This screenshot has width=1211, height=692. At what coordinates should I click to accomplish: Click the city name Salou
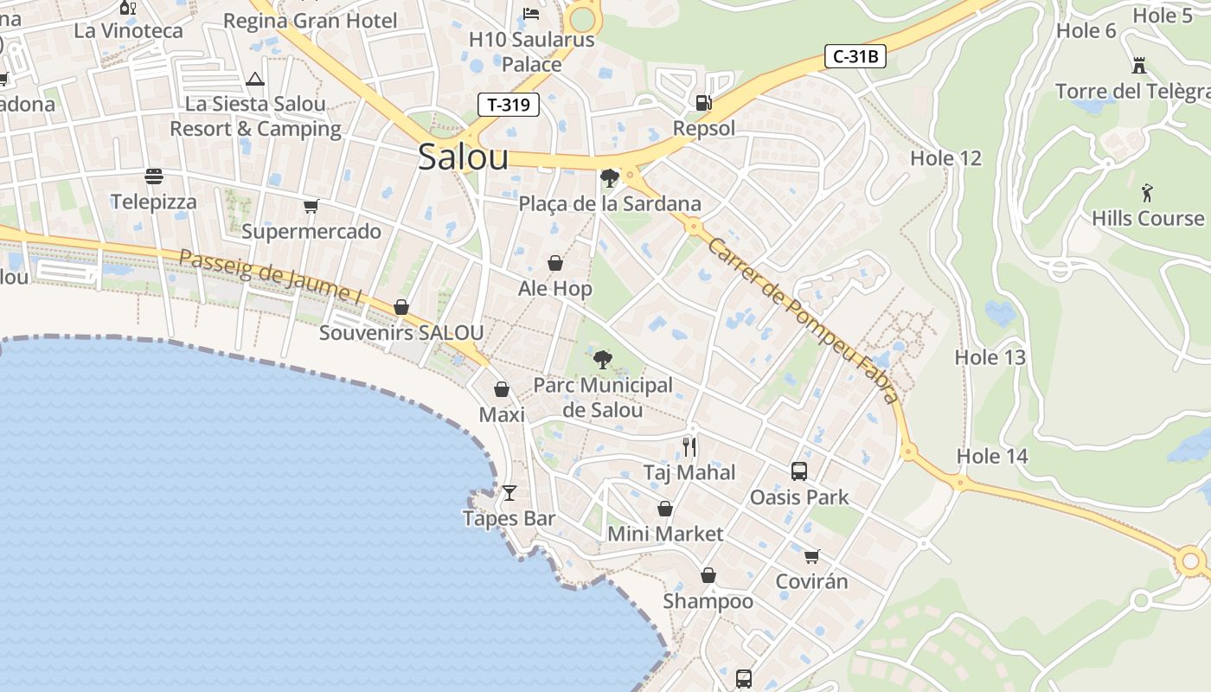463,157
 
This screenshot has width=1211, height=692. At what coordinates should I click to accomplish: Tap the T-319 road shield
509,106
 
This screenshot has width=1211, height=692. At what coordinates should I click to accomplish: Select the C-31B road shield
855,57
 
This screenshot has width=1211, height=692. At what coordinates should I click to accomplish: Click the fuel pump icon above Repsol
703,103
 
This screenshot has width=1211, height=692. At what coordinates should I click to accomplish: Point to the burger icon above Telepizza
154,176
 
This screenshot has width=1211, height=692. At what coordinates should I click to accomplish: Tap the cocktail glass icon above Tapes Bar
509,493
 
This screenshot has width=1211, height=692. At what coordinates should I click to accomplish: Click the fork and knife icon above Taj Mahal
689,446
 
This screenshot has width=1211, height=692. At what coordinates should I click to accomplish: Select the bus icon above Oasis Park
799,471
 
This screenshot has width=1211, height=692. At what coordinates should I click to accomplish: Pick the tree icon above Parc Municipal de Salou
602,359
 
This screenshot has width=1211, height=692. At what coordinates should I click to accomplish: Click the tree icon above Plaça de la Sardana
609,178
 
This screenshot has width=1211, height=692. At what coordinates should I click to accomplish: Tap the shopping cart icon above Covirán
811,556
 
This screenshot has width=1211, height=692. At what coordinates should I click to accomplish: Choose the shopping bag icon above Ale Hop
555,263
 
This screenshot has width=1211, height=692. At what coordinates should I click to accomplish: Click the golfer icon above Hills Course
1147,192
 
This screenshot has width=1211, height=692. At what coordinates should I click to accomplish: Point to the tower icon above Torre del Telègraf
1139,65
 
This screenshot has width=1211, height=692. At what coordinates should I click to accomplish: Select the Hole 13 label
990,357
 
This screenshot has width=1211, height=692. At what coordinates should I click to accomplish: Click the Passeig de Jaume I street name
271,276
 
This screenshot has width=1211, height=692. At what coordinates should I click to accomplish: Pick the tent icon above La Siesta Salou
254,80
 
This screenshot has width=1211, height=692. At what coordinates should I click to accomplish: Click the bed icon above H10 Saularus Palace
531,13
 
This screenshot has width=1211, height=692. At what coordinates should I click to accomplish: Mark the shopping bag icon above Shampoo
708,575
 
